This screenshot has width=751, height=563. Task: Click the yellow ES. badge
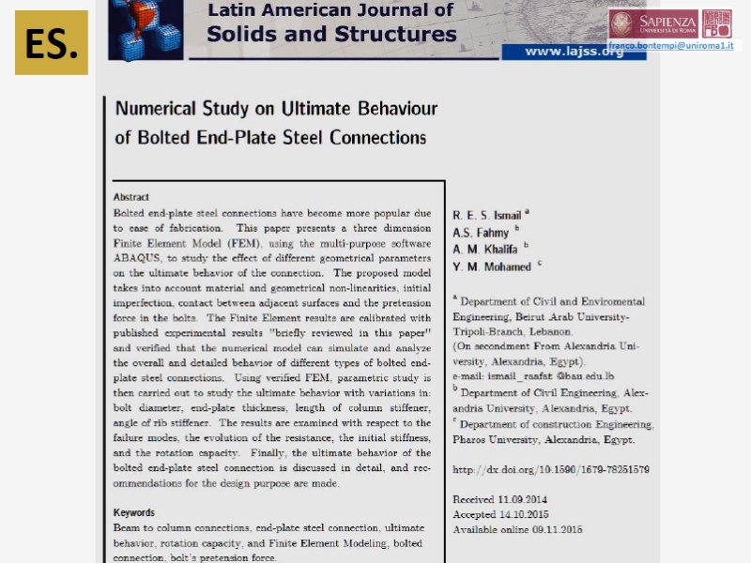[x=52, y=42]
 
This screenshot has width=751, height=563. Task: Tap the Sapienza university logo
[x=653, y=23]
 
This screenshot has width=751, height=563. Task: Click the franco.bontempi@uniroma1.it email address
[x=670, y=45]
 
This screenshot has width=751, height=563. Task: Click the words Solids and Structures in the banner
[x=331, y=35]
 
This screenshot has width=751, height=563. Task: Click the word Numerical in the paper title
[x=156, y=109]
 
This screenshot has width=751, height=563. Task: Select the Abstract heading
[x=131, y=197]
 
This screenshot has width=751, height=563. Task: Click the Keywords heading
[x=134, y=512]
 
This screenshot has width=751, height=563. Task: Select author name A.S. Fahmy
[x=481, y=233]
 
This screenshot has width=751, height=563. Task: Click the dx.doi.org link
[x=551, y=469]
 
